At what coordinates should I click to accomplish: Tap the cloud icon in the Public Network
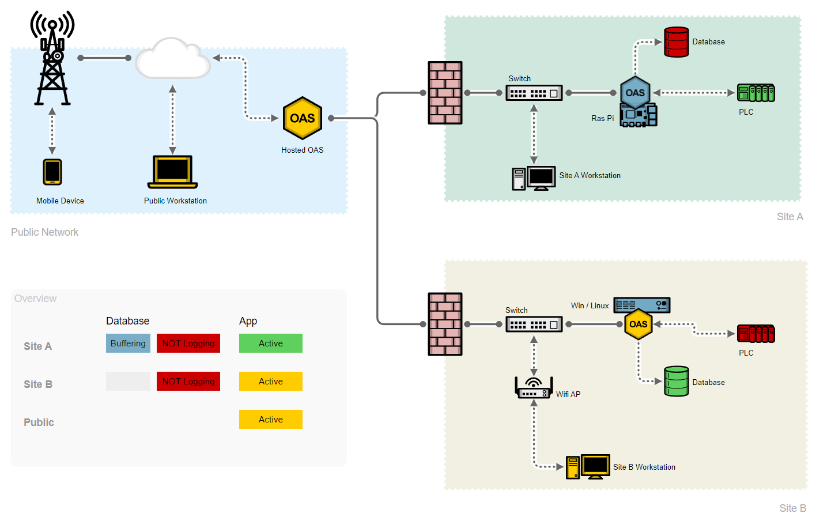point(173,59)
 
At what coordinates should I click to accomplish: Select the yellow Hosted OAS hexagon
point(303,118)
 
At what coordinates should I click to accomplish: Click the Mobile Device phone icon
point(52,172)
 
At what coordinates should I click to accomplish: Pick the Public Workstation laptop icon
point(172,172)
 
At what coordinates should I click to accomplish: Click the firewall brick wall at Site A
point(445,93)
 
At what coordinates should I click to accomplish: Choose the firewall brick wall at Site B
point(445,324)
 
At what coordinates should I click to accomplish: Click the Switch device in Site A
point(534,93)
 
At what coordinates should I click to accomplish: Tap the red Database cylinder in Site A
point(676,42)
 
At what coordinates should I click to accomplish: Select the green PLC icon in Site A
point(755,93)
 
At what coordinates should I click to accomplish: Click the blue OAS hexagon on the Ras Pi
point(635,92)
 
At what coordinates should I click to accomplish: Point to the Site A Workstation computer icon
point(534,178)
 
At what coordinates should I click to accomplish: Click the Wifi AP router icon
point(534,388)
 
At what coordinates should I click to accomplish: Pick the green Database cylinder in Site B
point(676,382)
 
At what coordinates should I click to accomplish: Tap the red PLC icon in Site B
point(755,334)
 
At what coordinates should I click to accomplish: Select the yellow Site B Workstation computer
point(588,467)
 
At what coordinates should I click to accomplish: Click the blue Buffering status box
point(128,343)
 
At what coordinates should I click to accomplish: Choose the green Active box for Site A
point(270,343)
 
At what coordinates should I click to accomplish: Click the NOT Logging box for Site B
point(188,382)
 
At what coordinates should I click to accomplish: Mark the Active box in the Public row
point(270,420)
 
